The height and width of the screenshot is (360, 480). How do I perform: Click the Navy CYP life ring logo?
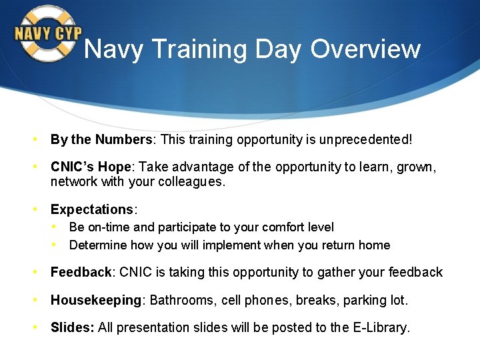tap(47, 34)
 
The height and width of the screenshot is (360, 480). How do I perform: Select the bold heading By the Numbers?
tap(101, 140)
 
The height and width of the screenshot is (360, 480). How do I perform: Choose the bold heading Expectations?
tap(92, 210)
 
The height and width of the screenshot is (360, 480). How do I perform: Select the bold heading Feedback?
tap(81, 272)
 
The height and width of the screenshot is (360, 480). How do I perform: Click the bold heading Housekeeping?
tap(96, 300)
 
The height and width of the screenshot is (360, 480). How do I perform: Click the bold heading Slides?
tap(73, 327)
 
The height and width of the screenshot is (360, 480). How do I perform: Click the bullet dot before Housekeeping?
tap(36, 300)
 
